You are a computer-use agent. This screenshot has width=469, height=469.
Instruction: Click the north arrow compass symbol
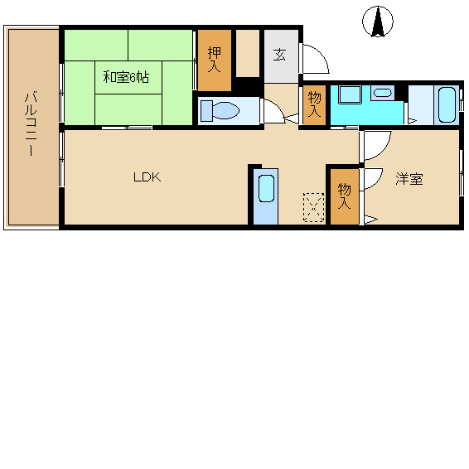click(378, 22)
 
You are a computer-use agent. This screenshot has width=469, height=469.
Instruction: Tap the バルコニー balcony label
click(31, 124)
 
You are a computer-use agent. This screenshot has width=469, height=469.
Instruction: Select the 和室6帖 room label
click(126, 77)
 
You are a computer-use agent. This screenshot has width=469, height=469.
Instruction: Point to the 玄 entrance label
click(280, 55)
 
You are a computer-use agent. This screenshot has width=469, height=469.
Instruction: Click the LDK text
click(147, 177)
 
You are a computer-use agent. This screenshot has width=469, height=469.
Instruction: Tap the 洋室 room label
click(409, 178)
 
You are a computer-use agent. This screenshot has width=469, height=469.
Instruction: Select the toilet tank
click(206, 111)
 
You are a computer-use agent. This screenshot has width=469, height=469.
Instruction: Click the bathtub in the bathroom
click(447, 104)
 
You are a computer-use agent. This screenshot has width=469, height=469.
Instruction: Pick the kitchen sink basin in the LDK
click(266, 188)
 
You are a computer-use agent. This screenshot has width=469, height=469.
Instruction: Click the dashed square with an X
click(314, 207)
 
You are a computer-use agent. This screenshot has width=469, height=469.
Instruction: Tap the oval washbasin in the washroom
click(383, 93)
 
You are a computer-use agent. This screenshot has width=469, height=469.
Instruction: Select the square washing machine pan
click(350, 94)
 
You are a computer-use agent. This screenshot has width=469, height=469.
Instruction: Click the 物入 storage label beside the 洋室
click(344, 196)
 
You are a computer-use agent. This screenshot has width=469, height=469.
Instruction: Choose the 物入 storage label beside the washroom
click(314, 104)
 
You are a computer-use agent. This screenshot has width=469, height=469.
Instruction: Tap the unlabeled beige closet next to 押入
click(248, 53)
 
